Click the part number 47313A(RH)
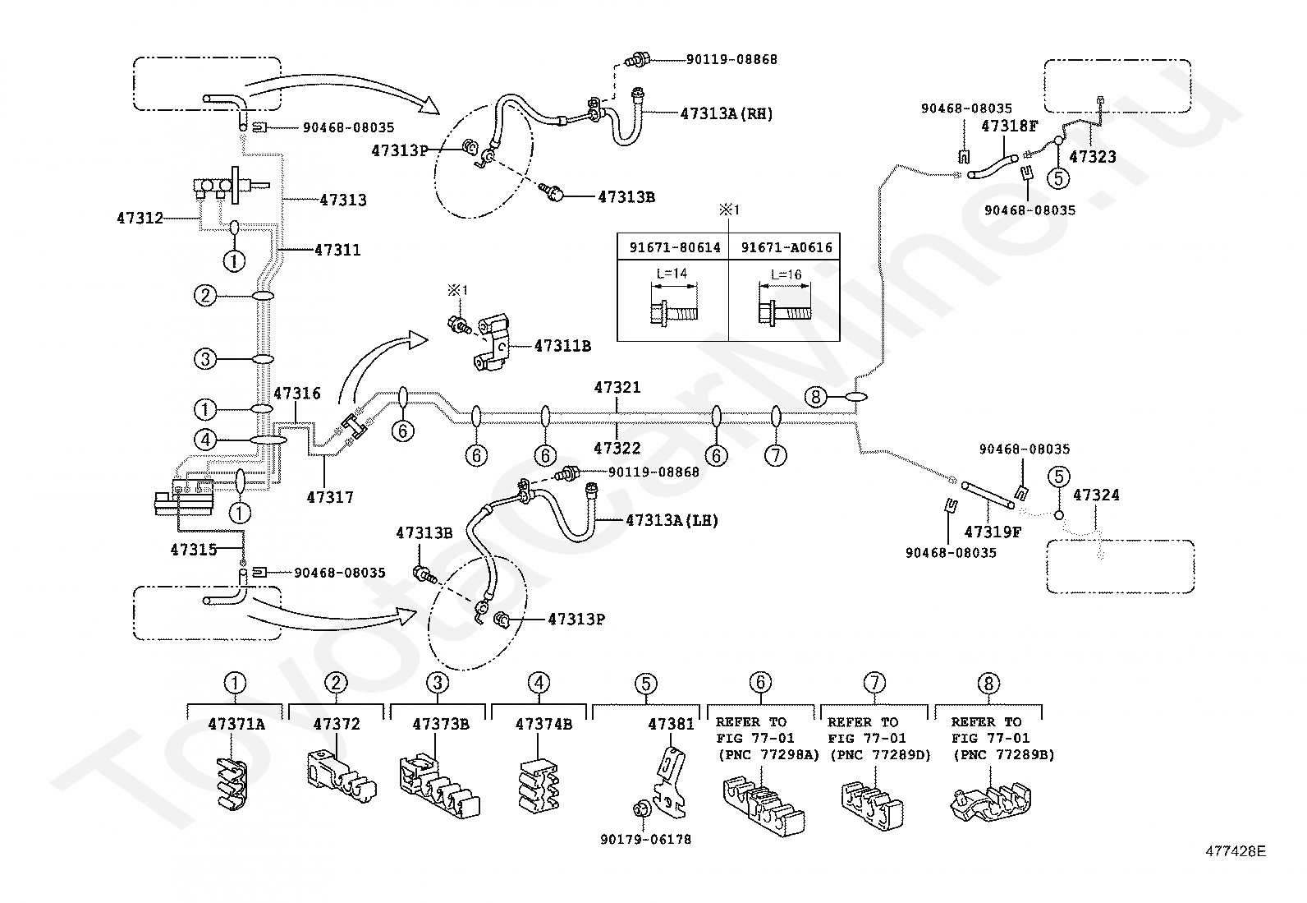pos(727,114)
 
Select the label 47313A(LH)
pos(672,520)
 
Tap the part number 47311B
pos(562,346)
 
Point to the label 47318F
pos(1010,126)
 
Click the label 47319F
pos(993,532)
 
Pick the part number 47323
pos(1094,157)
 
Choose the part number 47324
pos(1096,495)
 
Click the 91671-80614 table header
pos(673,246)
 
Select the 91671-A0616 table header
pos(786,246)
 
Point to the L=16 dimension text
pos(786,275)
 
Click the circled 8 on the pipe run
pos(814,398)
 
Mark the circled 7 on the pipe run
pos(776,454)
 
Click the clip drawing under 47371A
pos(232,785)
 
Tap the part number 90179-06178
pos(645,840)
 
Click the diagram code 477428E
pos(1236,852)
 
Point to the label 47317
pos(330,497)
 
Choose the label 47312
pos(140,219)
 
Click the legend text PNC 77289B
pos(1003,754)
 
